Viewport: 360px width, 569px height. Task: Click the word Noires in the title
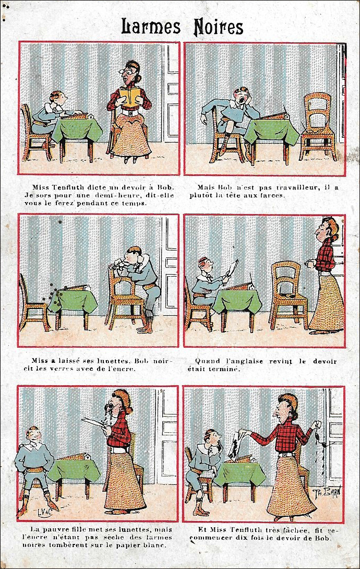(x=218, y=27)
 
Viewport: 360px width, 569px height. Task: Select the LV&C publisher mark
(x=45, y=512)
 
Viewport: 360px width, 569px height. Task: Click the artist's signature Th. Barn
(x=327, y=492)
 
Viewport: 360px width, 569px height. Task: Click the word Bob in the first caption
(x=165, y=187)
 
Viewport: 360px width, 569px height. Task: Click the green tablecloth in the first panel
(x=77, y=129)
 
